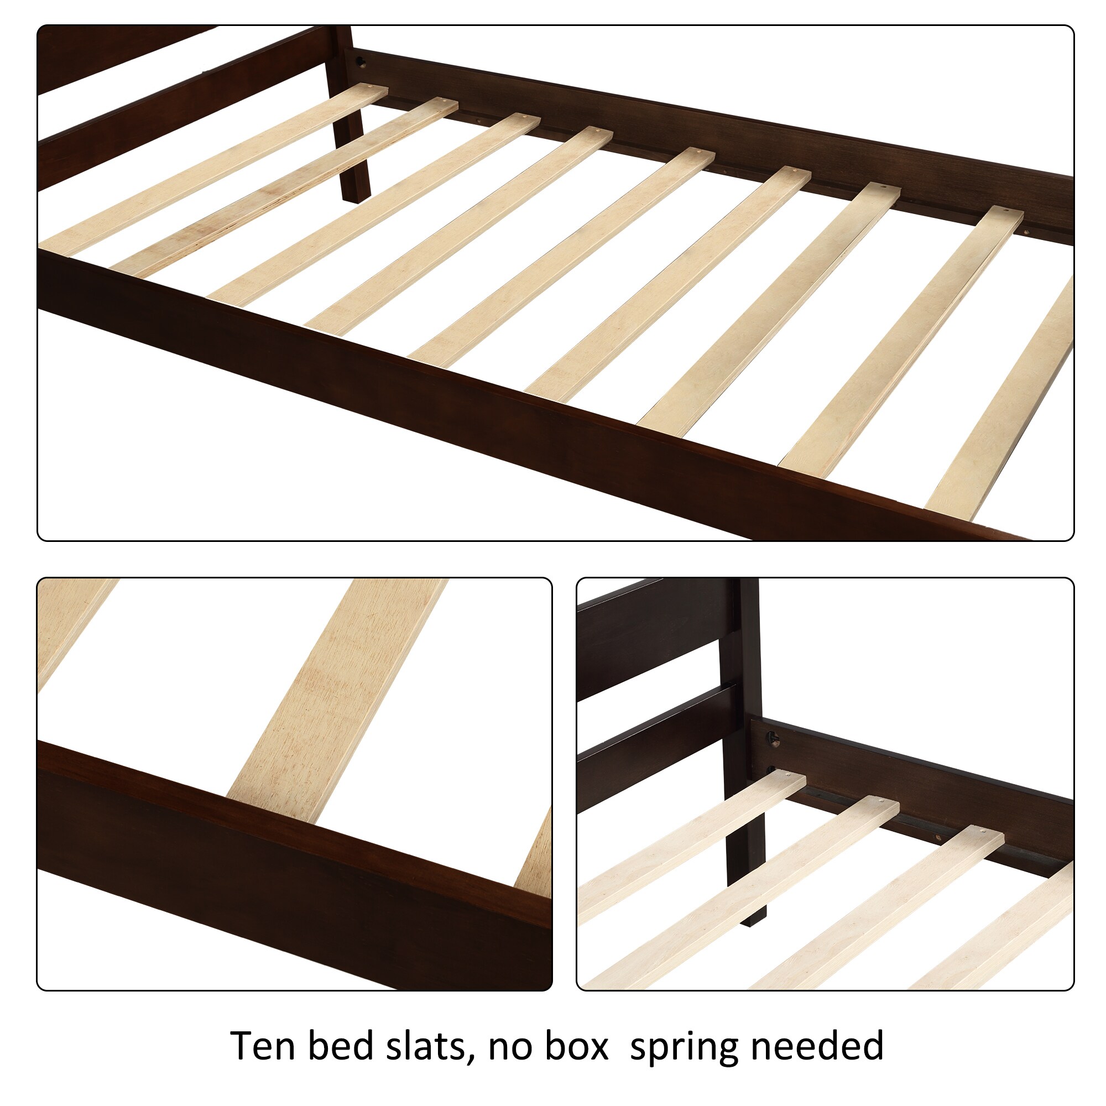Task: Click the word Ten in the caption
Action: coord(263,1046)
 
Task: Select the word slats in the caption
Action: coord(437,1046)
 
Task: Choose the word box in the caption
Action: coord(576,1046)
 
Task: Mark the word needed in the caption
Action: coord(817,1046)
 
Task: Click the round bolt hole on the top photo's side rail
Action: coord(361,61)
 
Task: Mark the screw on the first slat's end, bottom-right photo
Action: coord(792,778)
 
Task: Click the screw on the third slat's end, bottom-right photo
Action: coord(983,831)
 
